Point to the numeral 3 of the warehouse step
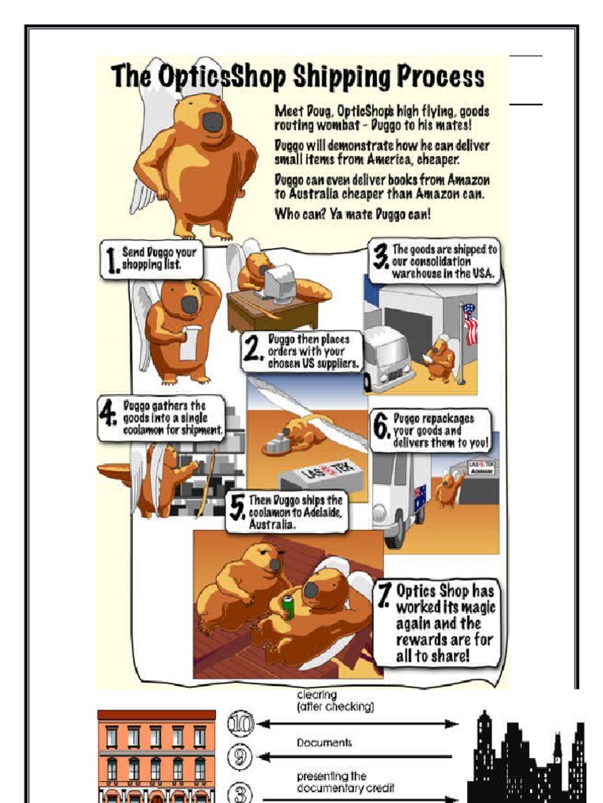tap(381, 256)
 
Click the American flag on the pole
tap(470, 324)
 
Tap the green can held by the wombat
tap(287, 608)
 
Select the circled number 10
tap(240, 724)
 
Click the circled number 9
tap(240, 757)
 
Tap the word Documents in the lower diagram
tap(324, 743)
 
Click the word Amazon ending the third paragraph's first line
tap(468, 180)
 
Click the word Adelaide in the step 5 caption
tap(320, 512)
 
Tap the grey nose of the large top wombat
tap(213, 122)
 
